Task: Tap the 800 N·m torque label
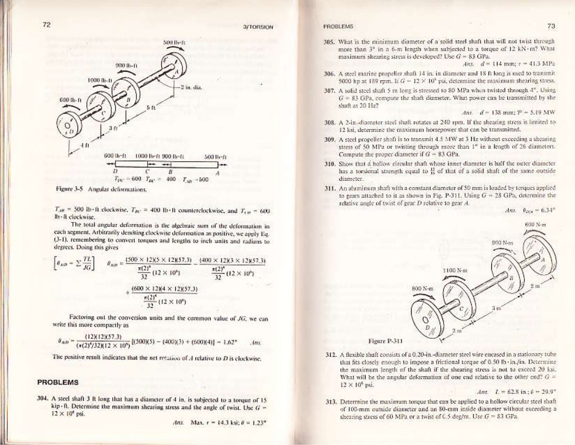click(423, 288)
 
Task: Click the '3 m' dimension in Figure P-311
click(495, 309)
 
